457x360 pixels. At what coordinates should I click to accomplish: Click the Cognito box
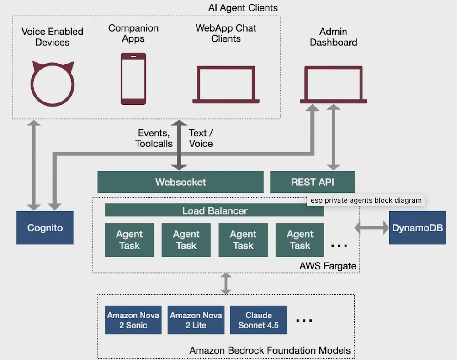point(45,227)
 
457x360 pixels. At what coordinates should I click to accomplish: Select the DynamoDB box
point(417,227)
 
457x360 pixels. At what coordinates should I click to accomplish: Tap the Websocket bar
point(181,182)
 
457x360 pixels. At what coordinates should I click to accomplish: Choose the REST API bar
point(312,182)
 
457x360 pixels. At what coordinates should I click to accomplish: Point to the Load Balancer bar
point(214,211)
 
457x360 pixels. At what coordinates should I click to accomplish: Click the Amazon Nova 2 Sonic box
point(133,320)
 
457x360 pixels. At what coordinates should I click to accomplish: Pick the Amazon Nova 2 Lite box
point(196,320)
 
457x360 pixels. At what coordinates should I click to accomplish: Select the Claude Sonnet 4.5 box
point(259,320)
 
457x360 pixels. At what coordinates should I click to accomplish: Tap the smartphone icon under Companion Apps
point(133,78)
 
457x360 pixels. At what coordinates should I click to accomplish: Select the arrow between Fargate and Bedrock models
point(226,284)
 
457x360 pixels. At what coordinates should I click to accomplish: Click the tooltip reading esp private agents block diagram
point(366,200)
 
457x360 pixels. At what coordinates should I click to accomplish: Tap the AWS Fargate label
point(328,266)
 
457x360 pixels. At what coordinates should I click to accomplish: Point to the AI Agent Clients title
point(243,8)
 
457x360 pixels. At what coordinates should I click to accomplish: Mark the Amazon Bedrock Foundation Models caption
point(270,351)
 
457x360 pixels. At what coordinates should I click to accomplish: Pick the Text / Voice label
point(201,138)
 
